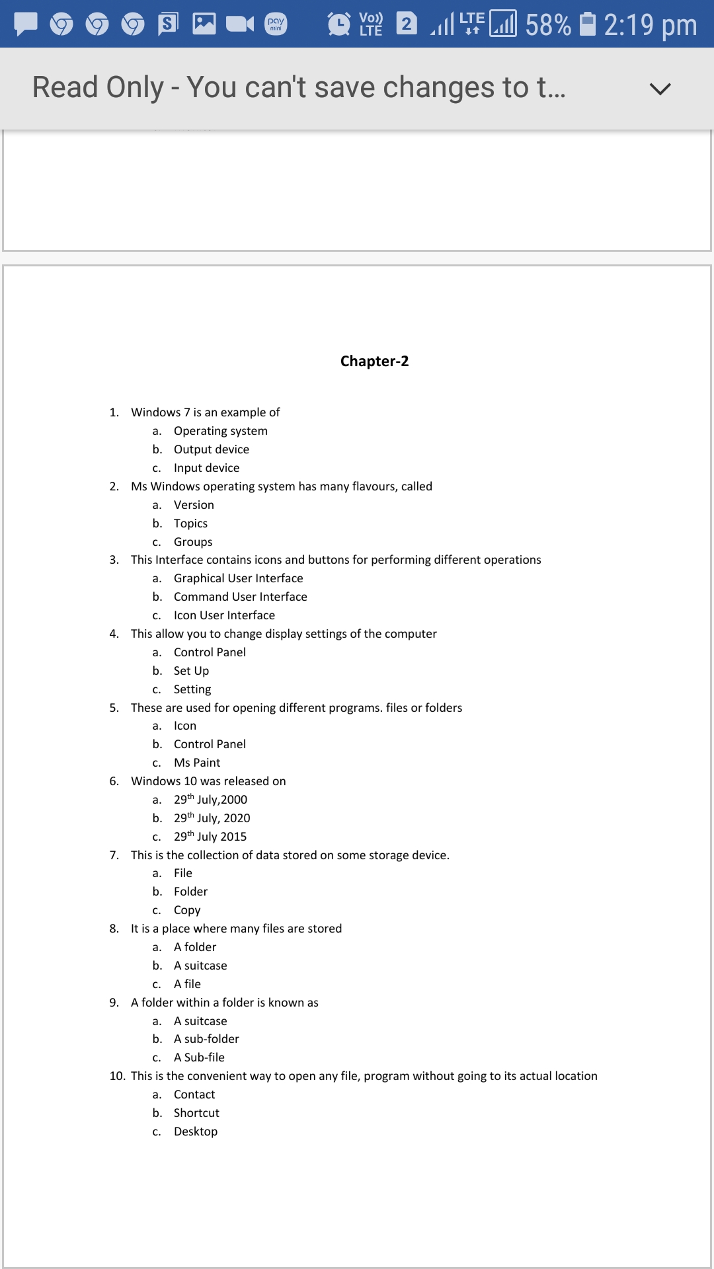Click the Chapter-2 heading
374,361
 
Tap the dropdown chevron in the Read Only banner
660,89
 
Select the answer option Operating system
220,431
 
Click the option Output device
211,449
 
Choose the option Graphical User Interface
238,578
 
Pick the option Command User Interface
240,597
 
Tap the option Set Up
191,671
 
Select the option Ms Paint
197,763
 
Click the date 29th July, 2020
212,818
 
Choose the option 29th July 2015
210,837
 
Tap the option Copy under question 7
187,910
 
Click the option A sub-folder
206,1039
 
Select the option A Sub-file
199,1057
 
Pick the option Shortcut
196,1113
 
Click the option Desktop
196,1132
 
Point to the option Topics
190,523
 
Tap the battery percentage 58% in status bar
548,25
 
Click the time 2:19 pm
650,25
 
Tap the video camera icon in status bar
239,24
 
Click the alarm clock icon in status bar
339,24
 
